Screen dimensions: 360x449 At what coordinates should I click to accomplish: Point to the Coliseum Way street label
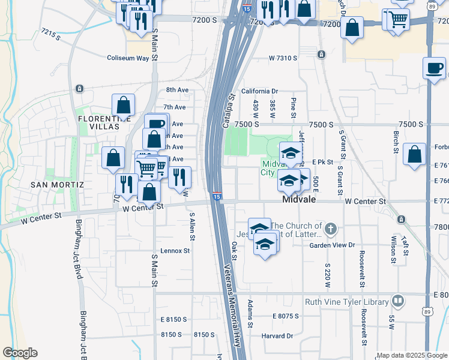pos(128,58)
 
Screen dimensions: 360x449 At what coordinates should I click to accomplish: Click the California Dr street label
pos(260,91)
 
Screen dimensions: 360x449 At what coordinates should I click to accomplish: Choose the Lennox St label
pos(175,250)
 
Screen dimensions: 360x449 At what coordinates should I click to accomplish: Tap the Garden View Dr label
pos(333,245)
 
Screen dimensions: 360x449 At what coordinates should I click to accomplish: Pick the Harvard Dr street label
pos(277,336)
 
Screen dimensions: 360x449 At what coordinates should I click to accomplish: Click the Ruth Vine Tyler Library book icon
pos(397,301)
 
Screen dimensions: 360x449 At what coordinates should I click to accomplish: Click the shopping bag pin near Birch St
pos(415,154)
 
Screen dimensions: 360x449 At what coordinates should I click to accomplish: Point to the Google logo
pos(20,353)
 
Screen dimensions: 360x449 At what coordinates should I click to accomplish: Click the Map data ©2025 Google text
pos(412,355)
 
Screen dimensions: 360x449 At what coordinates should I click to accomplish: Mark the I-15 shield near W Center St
pos(217,196)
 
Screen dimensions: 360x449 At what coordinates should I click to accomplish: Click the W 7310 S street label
pos(283,58)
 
